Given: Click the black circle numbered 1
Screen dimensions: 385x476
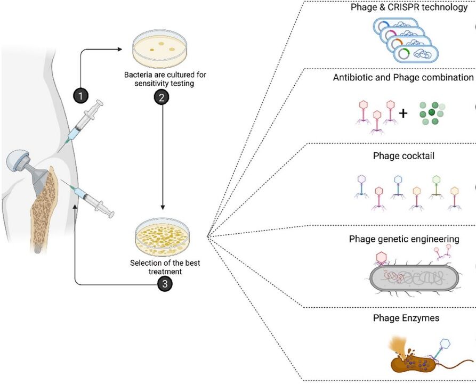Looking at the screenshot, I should pyautogui.click(x=80, y=96).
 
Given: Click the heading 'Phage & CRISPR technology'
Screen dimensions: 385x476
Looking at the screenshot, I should pyautogui.click(x=409, y=8).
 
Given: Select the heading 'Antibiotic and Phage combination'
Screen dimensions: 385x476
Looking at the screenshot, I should pyautogui.click(x=403, y=77).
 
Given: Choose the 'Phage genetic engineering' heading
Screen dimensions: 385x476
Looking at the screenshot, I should pyautogui.click(x=404, y=239).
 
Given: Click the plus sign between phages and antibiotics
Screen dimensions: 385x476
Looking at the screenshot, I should pyautogui.click(x=403, y=112).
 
